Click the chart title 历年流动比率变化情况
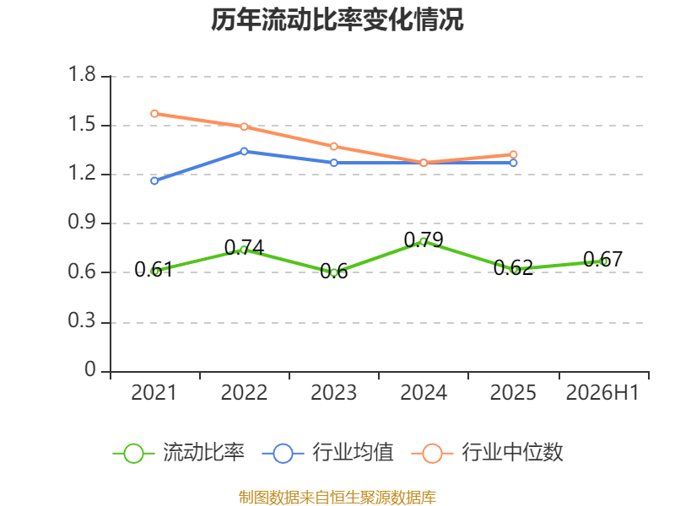point(337,19)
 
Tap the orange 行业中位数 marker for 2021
point(154,114)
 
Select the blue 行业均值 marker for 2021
point(154,180)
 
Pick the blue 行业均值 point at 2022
point(244,151)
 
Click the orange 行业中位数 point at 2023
point(333,146)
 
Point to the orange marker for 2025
point(513,154)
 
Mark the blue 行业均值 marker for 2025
point(513,163)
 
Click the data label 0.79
point(424,240)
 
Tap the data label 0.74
point(244,247)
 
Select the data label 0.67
point(602,259)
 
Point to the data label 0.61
point(154,269)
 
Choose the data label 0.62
point(513,267)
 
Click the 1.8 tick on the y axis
point(82,74)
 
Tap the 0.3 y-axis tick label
point(82,320)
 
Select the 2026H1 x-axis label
point(602,392)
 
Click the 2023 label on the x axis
point(333,392)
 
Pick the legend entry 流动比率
point(178,453)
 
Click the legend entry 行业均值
point(327,453)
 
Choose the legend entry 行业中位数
point(487,453)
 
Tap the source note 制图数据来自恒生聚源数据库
point(337,498)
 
